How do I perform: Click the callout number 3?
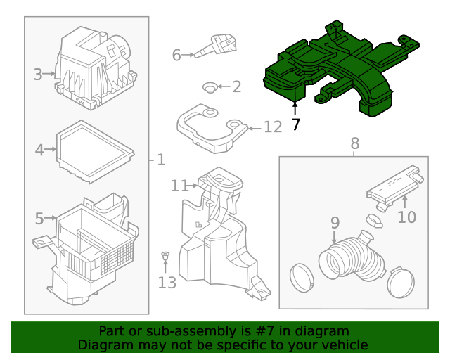pos(38,73)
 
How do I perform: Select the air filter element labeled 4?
pos(95,150)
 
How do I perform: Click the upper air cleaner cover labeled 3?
pos(95,70)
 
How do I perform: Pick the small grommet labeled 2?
pos(208,87)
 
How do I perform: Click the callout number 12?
pos(272,127)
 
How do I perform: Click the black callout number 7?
pos(295,125)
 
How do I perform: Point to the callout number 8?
pos(354,143)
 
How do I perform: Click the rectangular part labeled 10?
pos(394,188)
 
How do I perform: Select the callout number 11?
pos(179,186)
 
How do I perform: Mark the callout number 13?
pos(167,283)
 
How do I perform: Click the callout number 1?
pos(161,160)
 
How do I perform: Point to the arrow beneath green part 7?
pos(295,110)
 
